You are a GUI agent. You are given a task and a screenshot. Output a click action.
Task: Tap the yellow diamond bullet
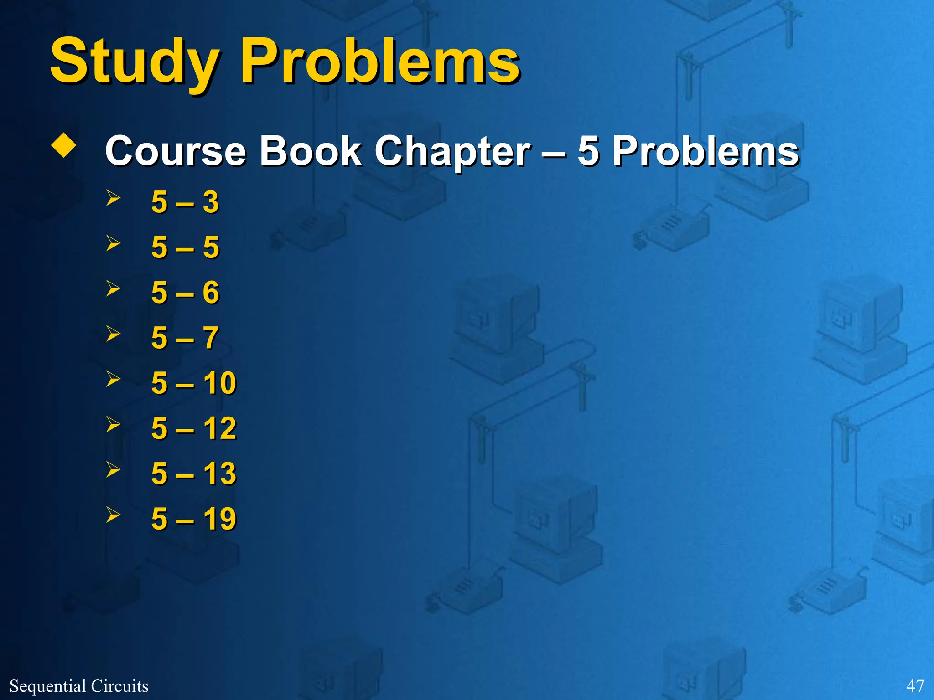pyautogui.click(x=64, y=146)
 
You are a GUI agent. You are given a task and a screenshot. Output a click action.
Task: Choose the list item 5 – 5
pyautogui.click(x=185, y=247)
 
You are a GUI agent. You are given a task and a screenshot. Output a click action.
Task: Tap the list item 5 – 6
pyautogui.click(x=185, y=292)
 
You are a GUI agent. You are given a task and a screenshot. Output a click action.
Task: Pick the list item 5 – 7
pyautogui.click(x=185, y=338)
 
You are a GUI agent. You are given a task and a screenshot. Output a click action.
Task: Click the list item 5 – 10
pyautogui.click(x=194, y=383)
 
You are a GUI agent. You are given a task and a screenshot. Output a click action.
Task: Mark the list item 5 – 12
pyautogui.click(x=194, y=428)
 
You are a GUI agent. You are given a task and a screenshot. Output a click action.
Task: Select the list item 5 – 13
pyautogui.click(x=194, y=473)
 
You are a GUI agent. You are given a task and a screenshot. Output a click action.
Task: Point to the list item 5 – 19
pyautogui.click(x=194, y=519)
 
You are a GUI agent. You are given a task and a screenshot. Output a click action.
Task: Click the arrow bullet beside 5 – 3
pyautogui.click(x=113, y=198)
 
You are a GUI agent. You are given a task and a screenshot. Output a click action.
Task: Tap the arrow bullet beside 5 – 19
pyautogui.click(x=113, y=515)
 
